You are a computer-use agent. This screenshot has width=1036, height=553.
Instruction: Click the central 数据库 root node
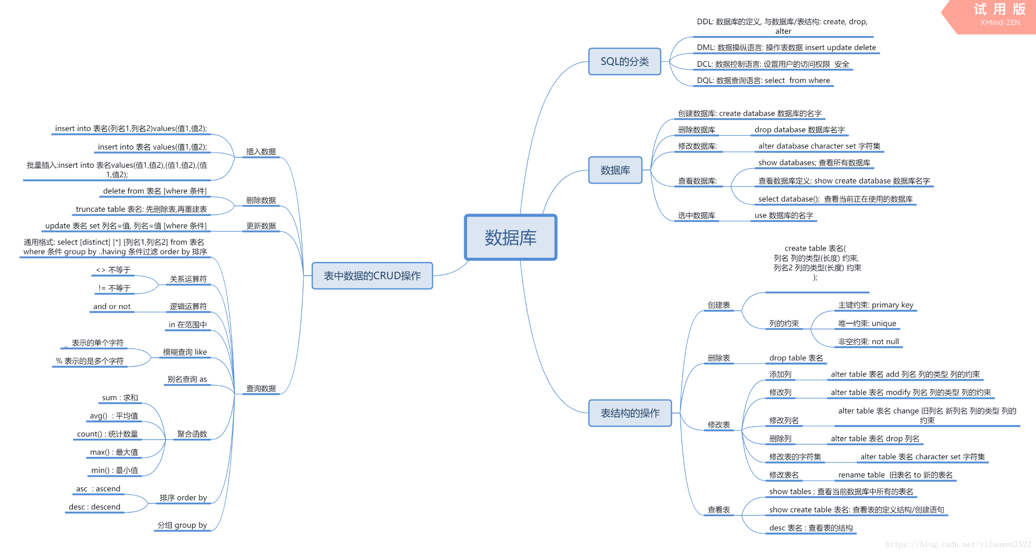pyautogui.click(x=511, y=238)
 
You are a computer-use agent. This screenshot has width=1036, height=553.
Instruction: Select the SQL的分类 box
pyautogui.click(x=624, y=62)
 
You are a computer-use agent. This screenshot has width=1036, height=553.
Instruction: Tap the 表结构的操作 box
pyautogui.click(x=630, y=413)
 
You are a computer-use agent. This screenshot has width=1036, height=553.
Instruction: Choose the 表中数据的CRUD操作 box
pyautogui.click(x=372, y=276)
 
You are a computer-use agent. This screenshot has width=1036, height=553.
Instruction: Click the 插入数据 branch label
pyautogui.click(x=261, y=152)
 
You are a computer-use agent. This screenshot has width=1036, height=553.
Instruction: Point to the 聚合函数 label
pyautogui.click(x=192, y=434)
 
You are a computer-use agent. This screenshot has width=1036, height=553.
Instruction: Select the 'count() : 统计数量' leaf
pyautogui.click(x=107, y=434)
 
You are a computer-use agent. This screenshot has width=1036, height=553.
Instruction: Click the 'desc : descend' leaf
pyautogui.click(x=95, y=507)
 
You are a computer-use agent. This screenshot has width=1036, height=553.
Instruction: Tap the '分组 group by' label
pyautogui.click(x=182, y=525)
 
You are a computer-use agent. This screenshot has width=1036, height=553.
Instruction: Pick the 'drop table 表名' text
pyautogui.click(x=796, y=358)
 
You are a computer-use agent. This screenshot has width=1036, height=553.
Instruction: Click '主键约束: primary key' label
pyautogui.click(x=876, y=305)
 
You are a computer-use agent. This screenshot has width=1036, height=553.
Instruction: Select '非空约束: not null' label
pyautogui.click(x=868, y=342)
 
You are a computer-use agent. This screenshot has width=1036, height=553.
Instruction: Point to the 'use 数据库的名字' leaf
pyautogui.click(x=784, y=215)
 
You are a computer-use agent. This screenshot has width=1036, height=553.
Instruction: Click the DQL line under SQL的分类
pyautogui.click(x=763, y=80)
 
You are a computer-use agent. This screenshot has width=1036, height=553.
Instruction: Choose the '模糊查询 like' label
pyautogui.click(x=185, y=352)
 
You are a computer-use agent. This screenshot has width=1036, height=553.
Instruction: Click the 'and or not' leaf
pyautogui.click(x=112, y=306)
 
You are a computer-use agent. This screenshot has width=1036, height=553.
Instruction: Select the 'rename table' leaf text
pyautogui.click(x=895, y=475)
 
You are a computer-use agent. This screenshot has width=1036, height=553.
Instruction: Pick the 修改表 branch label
pyautogui.click(x=718, y=425)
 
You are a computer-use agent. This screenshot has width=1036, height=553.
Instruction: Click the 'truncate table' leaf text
pyautogui.click(x=141, y=209)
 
